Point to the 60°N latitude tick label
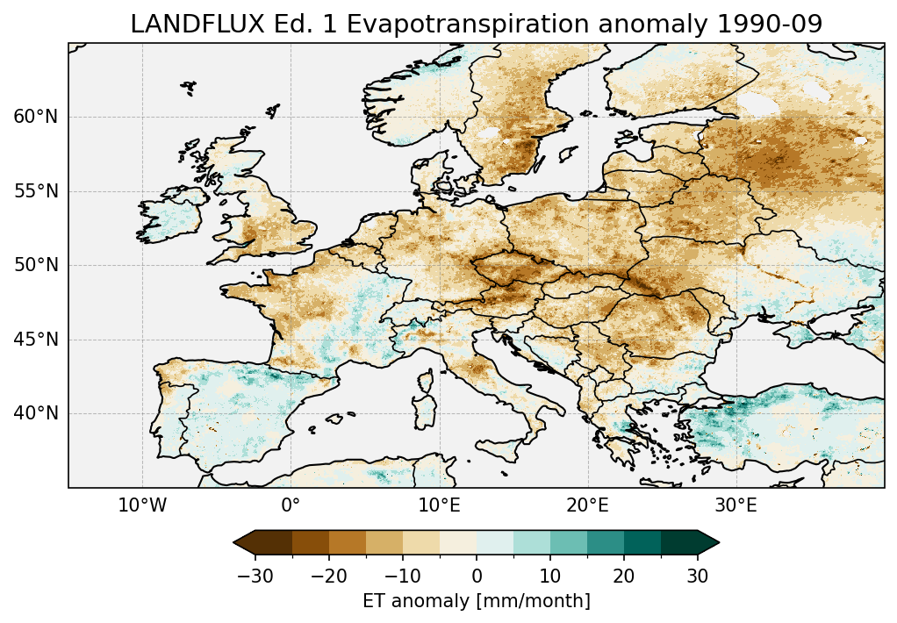[x=35, y=117]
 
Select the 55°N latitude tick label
[x=35, y=191]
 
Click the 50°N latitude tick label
[x=35, y=265]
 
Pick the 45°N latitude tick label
[x=35, y=340]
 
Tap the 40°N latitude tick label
[x=35, y=413]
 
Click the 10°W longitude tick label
[x=142, y=505]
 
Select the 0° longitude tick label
[x=291, y=505]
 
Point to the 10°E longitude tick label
[x=439, y=505]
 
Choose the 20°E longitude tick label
[x=587, y=505]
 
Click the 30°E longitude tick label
[x=736, y=505]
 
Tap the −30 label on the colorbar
[x=255, y=576]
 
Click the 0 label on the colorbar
[x=477, y=576]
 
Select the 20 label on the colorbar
[x=624, y=576]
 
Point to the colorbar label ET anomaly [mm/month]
[x=477, y=601]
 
